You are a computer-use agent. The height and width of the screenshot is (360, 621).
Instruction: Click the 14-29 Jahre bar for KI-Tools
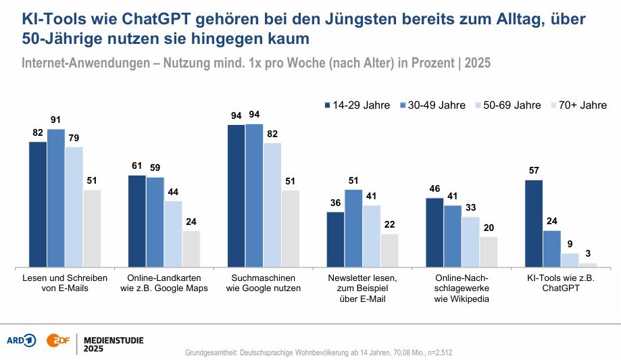point(534,224)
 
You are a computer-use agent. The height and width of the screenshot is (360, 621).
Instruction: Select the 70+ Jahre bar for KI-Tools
point(588,264)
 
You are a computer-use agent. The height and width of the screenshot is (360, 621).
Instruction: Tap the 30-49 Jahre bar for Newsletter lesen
point(353,228)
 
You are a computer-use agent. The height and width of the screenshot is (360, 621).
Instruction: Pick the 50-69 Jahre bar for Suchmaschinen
point(272,205)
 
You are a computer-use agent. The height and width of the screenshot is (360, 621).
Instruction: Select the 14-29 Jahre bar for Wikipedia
point(434,232)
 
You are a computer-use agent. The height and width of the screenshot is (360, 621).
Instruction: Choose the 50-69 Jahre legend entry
point(506,105)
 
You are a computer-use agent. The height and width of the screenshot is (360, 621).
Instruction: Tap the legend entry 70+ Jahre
point(580,105)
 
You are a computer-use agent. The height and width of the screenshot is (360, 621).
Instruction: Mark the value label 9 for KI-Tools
point(570,245)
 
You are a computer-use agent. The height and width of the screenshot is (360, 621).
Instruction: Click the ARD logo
point(20,340)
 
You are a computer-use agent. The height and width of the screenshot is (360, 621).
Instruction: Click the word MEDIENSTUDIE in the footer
point(113,339)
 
